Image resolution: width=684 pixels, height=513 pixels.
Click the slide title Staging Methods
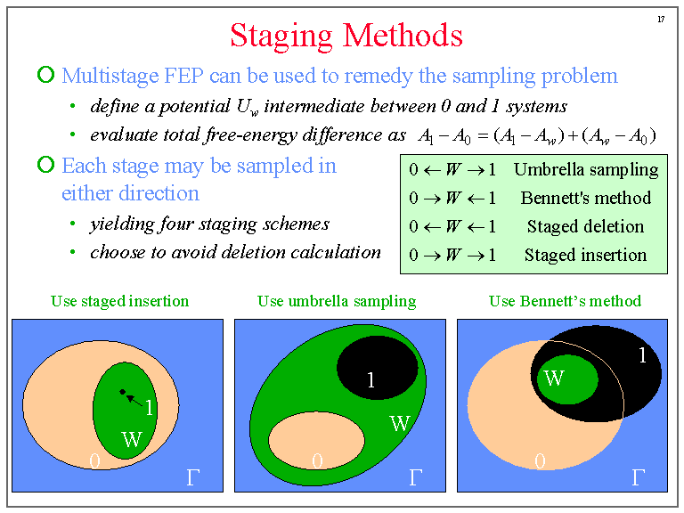pyautogui.click(x=346, y=36)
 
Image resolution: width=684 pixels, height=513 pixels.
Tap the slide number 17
pyautogui.click(x=660, y=19)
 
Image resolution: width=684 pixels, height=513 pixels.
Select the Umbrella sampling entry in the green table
pyautogui.click(x=585, y=170)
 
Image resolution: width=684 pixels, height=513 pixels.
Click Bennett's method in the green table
pyautogui.click(x=585, y=199)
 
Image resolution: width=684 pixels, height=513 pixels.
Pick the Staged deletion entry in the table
pyautogui.click(x=585, y=227)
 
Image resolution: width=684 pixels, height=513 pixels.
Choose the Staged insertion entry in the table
pyautogui.click(x=585, y=256)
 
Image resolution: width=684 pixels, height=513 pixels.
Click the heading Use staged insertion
pyautogui.click(x=119, y=301)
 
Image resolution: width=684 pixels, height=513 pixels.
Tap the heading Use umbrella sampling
pyautogui.click(x=337, y=301)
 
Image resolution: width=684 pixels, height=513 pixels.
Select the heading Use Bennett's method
pyautogui.click(x=565, y=301)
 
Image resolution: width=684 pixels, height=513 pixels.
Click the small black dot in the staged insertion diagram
pyautogui.click(x=122, y=392)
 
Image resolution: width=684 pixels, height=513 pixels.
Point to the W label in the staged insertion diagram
pyautogui.click(x=131, y=439)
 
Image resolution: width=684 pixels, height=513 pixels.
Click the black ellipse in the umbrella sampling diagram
pyautogui.click(x=378, y=368)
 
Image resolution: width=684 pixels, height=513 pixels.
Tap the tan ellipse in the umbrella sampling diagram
pyautogui.click(x=317, y=441)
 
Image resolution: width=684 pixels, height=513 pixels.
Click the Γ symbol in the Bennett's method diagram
pyautogui.click(x=638, y=478)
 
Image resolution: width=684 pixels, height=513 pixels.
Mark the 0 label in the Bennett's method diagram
pyautogui.click(x=539, y=461)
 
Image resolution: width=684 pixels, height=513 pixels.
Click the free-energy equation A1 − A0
pyautogui.click(x=536, y=135)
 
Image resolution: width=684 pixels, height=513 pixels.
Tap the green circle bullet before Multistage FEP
pyautogui.click(x=45, y=76)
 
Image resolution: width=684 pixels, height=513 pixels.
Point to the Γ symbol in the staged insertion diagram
pyautogui.click(x=192, y=478)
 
